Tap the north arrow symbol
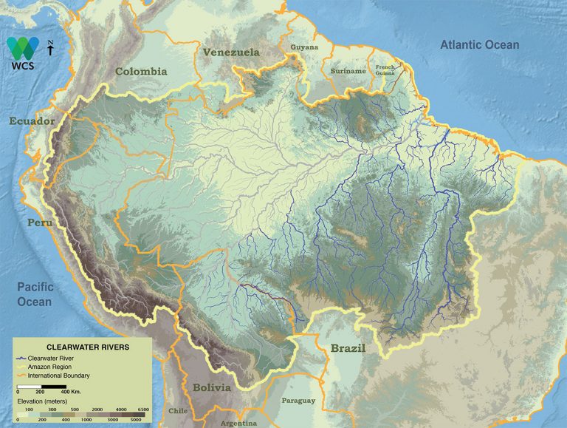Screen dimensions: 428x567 coord(49,49)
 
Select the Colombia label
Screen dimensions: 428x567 coord(141,72)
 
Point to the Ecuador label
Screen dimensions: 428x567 coord(32,121)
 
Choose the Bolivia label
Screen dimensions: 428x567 coord(212,387)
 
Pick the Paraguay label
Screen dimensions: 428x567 coord(298,401)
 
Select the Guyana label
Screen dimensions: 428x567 coord(304,47)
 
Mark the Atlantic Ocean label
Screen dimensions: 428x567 coord(479,45)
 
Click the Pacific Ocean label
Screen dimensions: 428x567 coord(35,295)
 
